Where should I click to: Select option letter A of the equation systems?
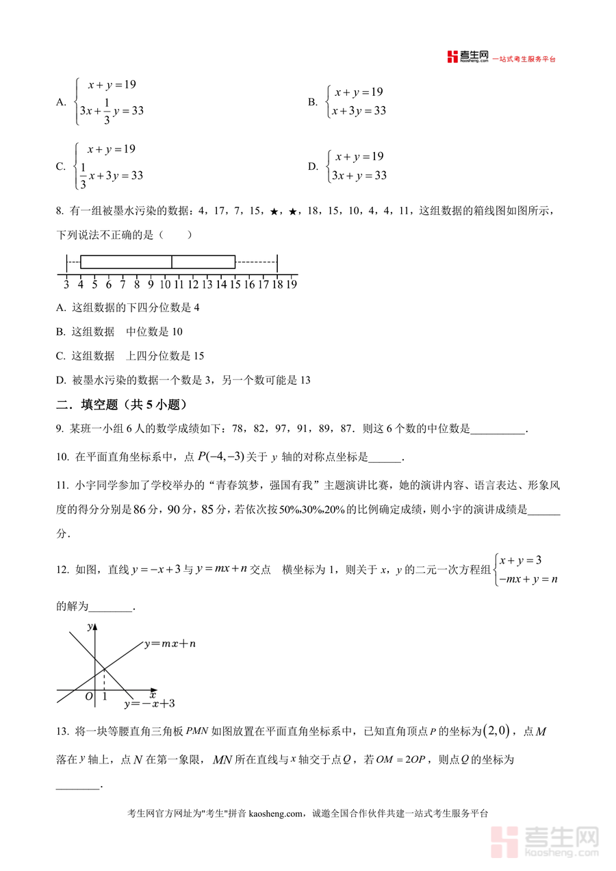pyautogui.click(x=60, y=103)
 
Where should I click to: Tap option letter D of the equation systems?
pyautogui.click(x=313, y=166)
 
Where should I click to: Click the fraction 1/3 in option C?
pyautogui.click(x=83, y=175)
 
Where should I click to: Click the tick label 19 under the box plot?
pyautogui.click(x=291, y=285)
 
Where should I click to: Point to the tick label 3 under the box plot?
pyautogui.click(x=66, y=285)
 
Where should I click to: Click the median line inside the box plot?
pyautogui.click(x=171, y=262)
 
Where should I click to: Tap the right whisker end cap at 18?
pyautogui.click(x=277, y=262)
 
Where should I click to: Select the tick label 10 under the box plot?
pyautogui.click(x=165, y=285)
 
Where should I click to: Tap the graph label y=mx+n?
pyautogui.click(x=170, y=644)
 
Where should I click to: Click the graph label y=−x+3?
pyautogui.click(x=149, y=703)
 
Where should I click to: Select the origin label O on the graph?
pyautogui.click(x=88, y=696)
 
